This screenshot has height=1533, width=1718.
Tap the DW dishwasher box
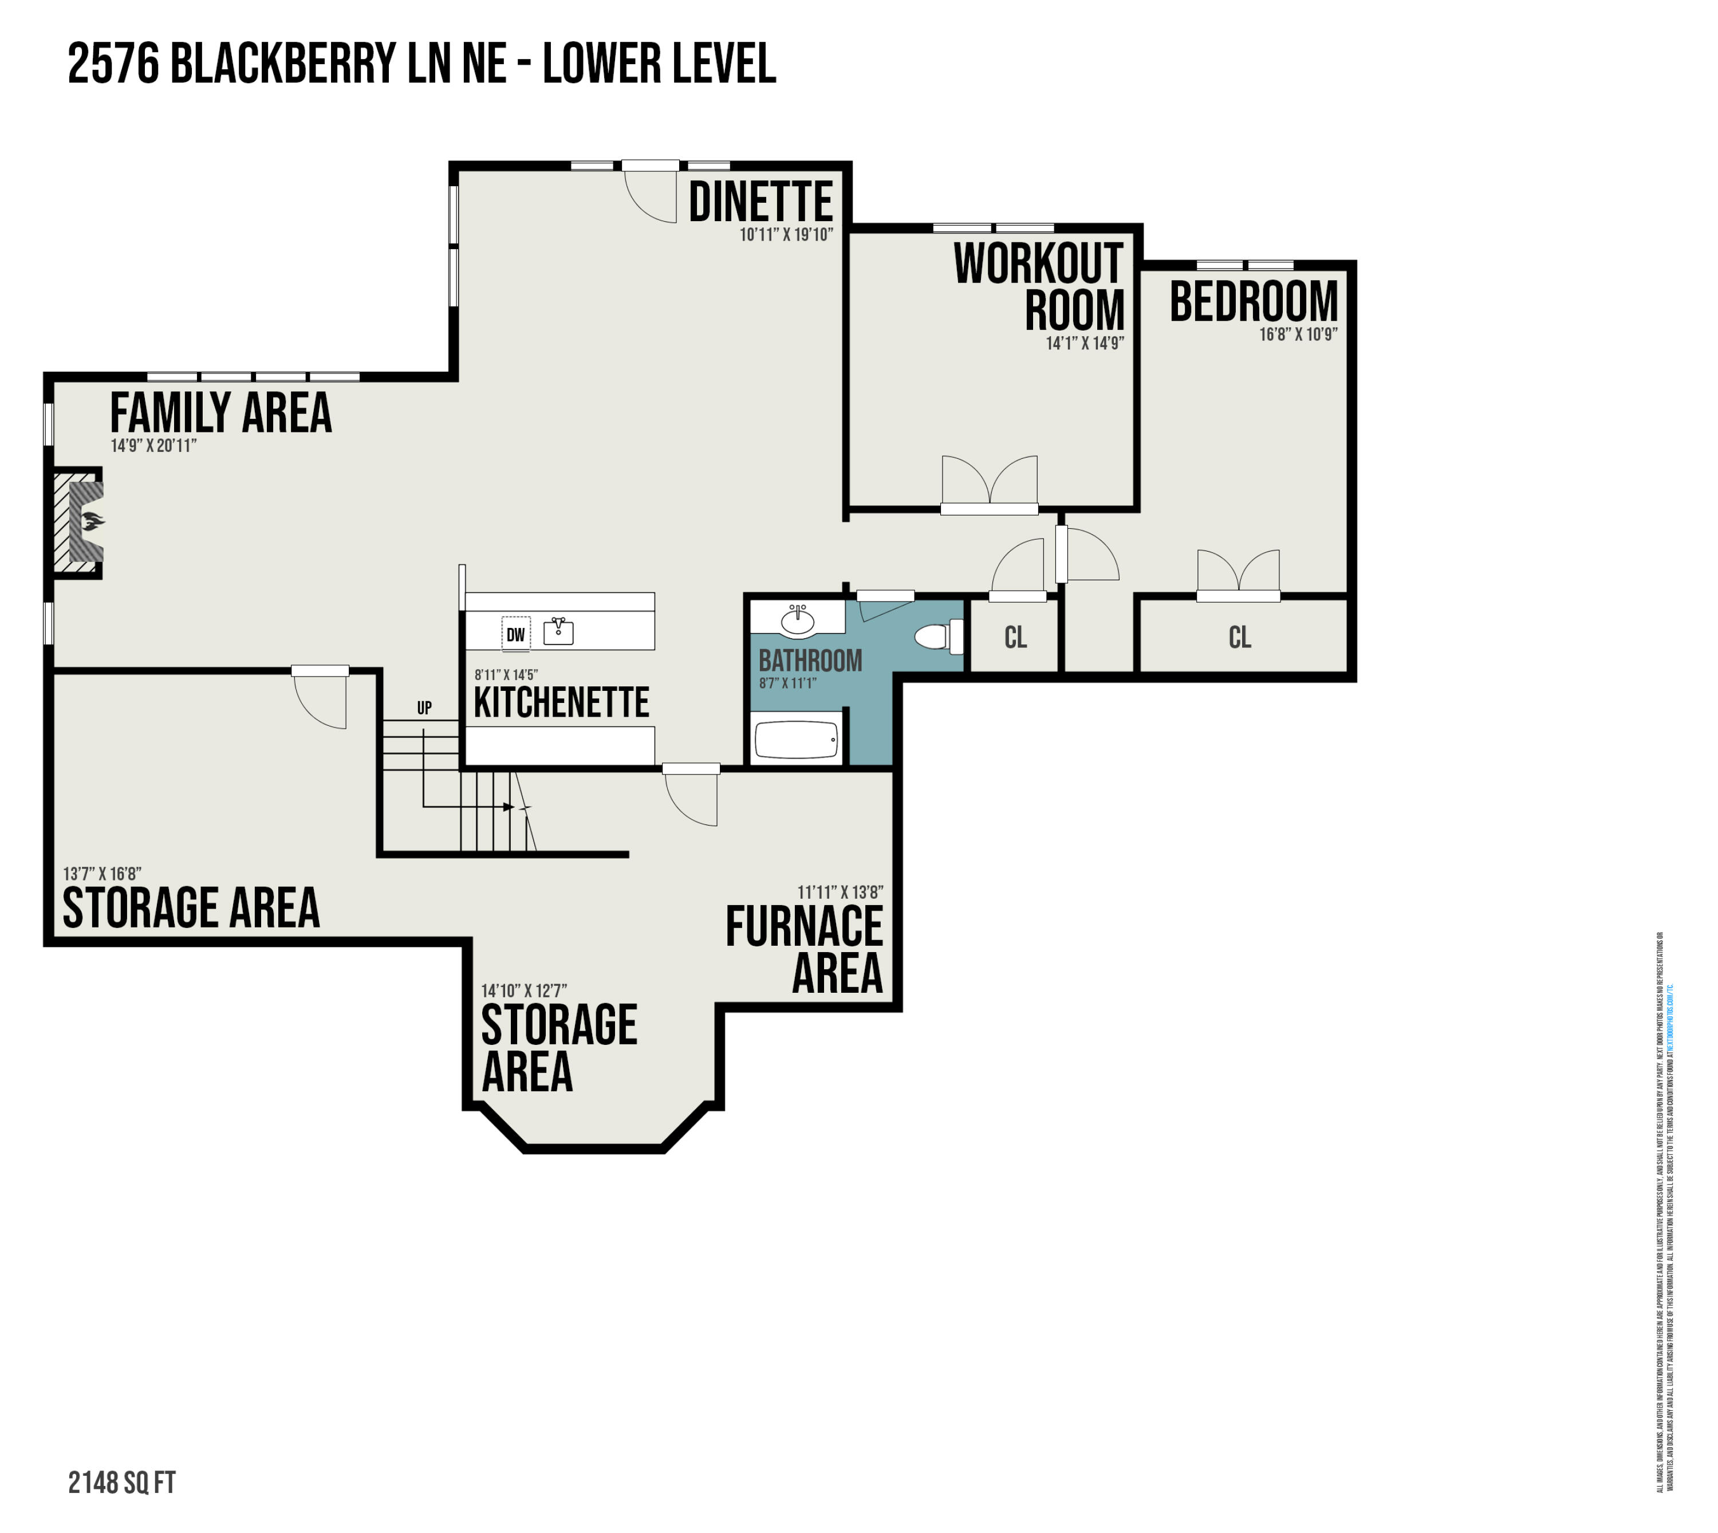click(515, 634)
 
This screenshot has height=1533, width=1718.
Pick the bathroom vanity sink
click(798, 622)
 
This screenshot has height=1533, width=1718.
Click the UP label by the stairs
click(424, 707)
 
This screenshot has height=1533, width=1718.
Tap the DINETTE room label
click(761, 202)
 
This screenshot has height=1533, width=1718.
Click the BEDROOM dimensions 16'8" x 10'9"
click(1298, 335)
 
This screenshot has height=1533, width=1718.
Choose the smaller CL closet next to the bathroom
click(1016, 638)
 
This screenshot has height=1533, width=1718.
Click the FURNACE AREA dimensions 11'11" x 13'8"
click(840, 892)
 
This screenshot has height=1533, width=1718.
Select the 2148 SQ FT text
click(122, 1483)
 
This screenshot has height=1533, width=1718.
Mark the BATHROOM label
click(810, 661)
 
